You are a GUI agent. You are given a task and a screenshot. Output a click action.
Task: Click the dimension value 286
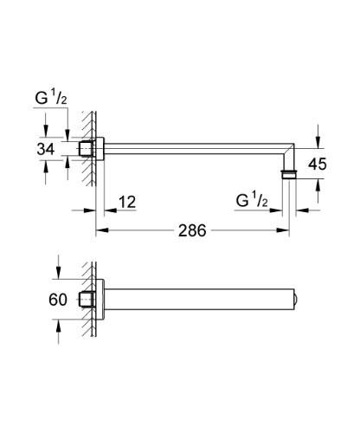point(191,231)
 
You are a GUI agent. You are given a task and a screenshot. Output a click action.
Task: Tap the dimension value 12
point(127,203)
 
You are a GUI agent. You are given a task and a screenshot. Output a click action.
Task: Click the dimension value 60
point(58,301)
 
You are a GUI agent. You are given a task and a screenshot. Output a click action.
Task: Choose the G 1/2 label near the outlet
point(253,203)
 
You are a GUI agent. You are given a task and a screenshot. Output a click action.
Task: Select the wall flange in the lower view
point(100,301)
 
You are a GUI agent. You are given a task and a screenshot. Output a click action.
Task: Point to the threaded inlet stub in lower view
point(87,301)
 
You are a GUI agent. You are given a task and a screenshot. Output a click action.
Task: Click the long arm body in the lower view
point(199,301)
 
